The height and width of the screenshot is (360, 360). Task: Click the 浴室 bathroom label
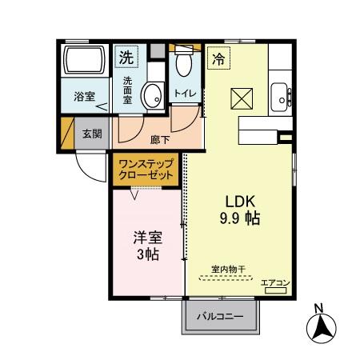coord(84,97)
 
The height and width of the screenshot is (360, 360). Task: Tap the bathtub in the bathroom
coord(85,61)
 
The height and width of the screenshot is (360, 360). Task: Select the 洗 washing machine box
coord(127,58)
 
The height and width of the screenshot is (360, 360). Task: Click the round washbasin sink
coord(151,95)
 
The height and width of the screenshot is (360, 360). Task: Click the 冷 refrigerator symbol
coord(218,58)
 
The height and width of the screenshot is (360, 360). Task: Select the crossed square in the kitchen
coord(242,99)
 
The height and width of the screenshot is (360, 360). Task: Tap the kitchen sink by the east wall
coord(281,97)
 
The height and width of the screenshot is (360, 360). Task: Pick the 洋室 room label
coord(145,238)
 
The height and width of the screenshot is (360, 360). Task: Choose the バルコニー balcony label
coord(224,317)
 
